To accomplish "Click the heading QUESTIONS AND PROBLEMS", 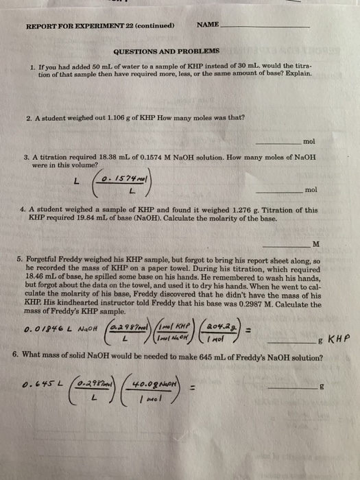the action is click(167, 51).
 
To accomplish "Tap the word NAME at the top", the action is click(207, 25).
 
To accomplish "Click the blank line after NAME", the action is click(264, 27).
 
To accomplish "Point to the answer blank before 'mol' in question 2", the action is click(277, 143).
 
